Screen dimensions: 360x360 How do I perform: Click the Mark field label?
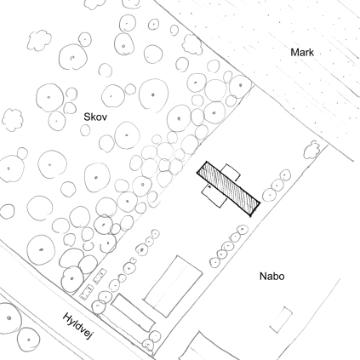pos(302,53)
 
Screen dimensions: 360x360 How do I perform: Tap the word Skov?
pos(95,117)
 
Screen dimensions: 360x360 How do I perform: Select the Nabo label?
pos(271,276)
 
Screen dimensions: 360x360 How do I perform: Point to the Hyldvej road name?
pos(78,326)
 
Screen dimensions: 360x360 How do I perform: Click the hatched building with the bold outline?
pos(229,189)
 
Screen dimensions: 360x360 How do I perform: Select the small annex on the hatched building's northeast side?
pos(231,172)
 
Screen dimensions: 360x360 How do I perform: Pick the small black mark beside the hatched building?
pos(209,186)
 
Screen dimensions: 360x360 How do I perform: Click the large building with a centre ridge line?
pos(173,286)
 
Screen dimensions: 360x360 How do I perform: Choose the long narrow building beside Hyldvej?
pos(134,313)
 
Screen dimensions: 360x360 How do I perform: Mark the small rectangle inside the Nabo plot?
pos(281,319)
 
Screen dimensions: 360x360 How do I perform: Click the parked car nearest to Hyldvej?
pos(87,292)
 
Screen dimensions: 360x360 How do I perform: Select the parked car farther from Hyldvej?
pos(100,276)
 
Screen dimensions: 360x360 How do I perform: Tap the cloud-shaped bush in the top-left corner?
pos(39,40)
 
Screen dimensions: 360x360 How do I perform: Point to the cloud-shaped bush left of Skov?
pos(13,120)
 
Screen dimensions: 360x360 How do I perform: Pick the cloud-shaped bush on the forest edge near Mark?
pos(192,44)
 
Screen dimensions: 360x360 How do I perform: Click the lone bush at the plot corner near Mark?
pos(311,150)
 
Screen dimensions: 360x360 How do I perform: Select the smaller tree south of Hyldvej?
pos(28,339)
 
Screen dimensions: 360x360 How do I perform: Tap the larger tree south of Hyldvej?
pos(8,317)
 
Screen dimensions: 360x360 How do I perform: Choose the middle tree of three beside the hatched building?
pos(277,186)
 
